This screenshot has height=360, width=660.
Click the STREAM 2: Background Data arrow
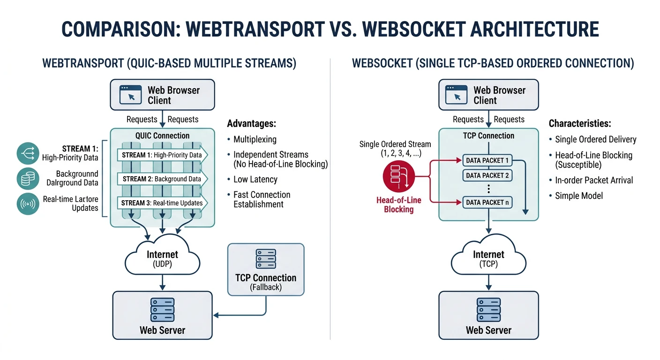click(162, 179)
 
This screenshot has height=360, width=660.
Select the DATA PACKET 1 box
click(487, 160)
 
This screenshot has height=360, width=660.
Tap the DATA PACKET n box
click(487, 202)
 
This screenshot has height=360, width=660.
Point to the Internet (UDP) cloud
click(162, 259)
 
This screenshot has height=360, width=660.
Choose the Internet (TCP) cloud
click(488, 259)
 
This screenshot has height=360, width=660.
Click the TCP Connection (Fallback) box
click(265, 270)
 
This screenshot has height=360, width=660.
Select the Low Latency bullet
click(255, 180)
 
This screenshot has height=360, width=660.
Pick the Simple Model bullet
click(579, 196)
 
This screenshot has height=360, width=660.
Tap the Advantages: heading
click(251, 124)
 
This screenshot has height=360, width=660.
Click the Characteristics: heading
click(580, 124)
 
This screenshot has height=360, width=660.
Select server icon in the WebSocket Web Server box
click(488, 309)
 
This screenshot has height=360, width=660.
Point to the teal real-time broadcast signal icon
click(28, 203)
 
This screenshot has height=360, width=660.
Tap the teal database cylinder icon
click(28, 179)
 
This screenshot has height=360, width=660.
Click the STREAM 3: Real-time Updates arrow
click(162, 203)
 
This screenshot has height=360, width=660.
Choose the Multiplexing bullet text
click(255, 139)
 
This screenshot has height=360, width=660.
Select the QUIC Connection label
click(162, 136)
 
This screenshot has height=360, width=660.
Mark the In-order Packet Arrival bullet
click(593, 180)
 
